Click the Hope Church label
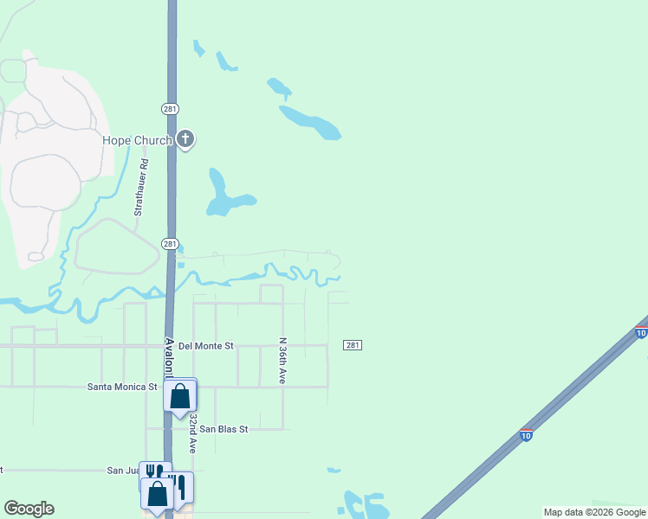click(137, 141)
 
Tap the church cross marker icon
click(185, 139)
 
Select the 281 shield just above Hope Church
click(170, 108)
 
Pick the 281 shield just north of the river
click(170, 244)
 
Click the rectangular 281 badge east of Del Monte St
click(353, 345)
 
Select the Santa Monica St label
click(122, 387)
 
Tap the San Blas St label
click(224, 428)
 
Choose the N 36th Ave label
click(282, 361)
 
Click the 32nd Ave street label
click(192, 432)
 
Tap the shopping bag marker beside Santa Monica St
click(180, 396)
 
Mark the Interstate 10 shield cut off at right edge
click(641, 332)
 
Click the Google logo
click(29, 509)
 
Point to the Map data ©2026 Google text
click(594, 512)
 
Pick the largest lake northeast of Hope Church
click(310, 121)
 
